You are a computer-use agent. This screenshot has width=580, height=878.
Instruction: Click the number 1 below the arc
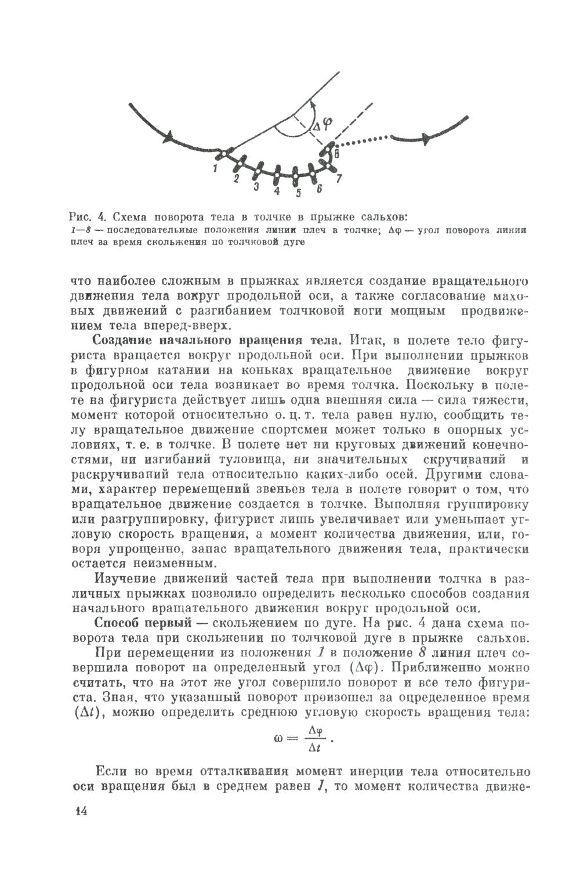215,169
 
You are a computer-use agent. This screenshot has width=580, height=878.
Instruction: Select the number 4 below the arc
277,190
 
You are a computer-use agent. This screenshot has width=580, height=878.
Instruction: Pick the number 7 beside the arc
339,178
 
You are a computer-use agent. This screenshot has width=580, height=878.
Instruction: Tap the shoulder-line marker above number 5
297,173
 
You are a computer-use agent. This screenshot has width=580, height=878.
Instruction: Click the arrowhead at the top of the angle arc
311,103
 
